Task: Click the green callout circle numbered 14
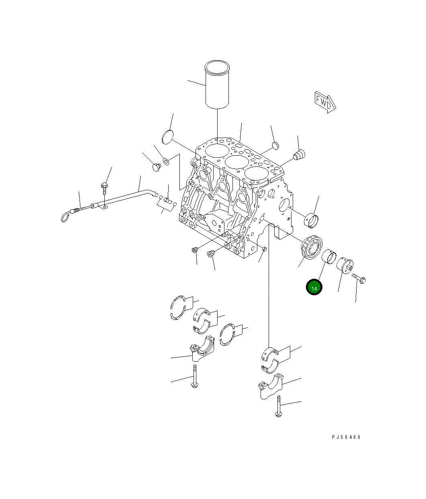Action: pos(314,287)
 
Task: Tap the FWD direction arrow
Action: pos(325,102)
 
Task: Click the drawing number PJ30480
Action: pos(346,437)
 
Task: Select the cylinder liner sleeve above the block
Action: pos(217,85)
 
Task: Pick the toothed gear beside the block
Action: pos(312,247)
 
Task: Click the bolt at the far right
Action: pos(359,278)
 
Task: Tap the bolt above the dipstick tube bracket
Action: pos(104,189)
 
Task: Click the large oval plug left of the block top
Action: pos(167,137)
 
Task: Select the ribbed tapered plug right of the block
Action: pos(300,154)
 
